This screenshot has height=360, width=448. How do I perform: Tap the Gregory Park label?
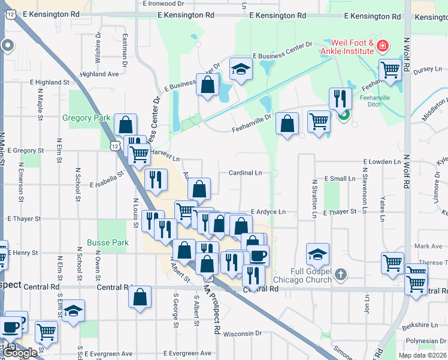coord(86,118)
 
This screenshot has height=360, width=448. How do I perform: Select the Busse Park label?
coord(108,242)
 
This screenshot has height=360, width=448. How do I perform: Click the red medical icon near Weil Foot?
coord(382,46)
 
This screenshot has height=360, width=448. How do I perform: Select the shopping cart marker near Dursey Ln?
coord(390,70)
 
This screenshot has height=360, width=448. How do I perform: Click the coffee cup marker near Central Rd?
coord(258,256)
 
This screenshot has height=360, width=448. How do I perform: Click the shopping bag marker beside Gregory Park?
coord(126,125)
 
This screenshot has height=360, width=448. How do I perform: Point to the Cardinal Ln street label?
coord(245,173)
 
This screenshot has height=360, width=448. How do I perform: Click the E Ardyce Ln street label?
coord(268,212)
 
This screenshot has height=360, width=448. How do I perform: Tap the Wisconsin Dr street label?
coord(243,333)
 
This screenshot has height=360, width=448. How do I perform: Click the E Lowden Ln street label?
coord(382,162)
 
